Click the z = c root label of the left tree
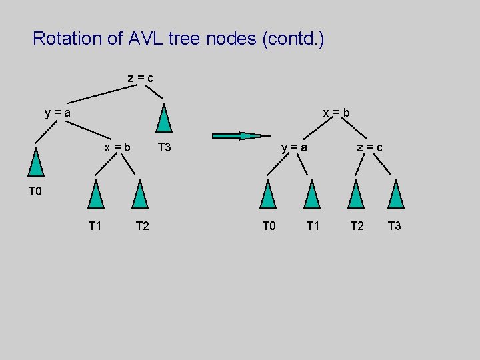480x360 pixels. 141,78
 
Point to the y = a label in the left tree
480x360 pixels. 58,113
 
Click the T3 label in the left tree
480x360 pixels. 164,147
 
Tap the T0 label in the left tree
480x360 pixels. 35,192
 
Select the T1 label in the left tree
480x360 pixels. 95,226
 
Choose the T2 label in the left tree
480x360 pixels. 143,226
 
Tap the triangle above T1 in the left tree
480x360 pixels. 97,195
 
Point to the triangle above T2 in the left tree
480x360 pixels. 139,195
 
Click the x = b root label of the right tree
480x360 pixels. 337,113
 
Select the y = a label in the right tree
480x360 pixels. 295,147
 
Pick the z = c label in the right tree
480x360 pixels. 369,147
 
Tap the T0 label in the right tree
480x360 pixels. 269,226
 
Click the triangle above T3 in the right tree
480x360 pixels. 397,195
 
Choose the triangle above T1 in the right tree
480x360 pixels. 312,195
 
